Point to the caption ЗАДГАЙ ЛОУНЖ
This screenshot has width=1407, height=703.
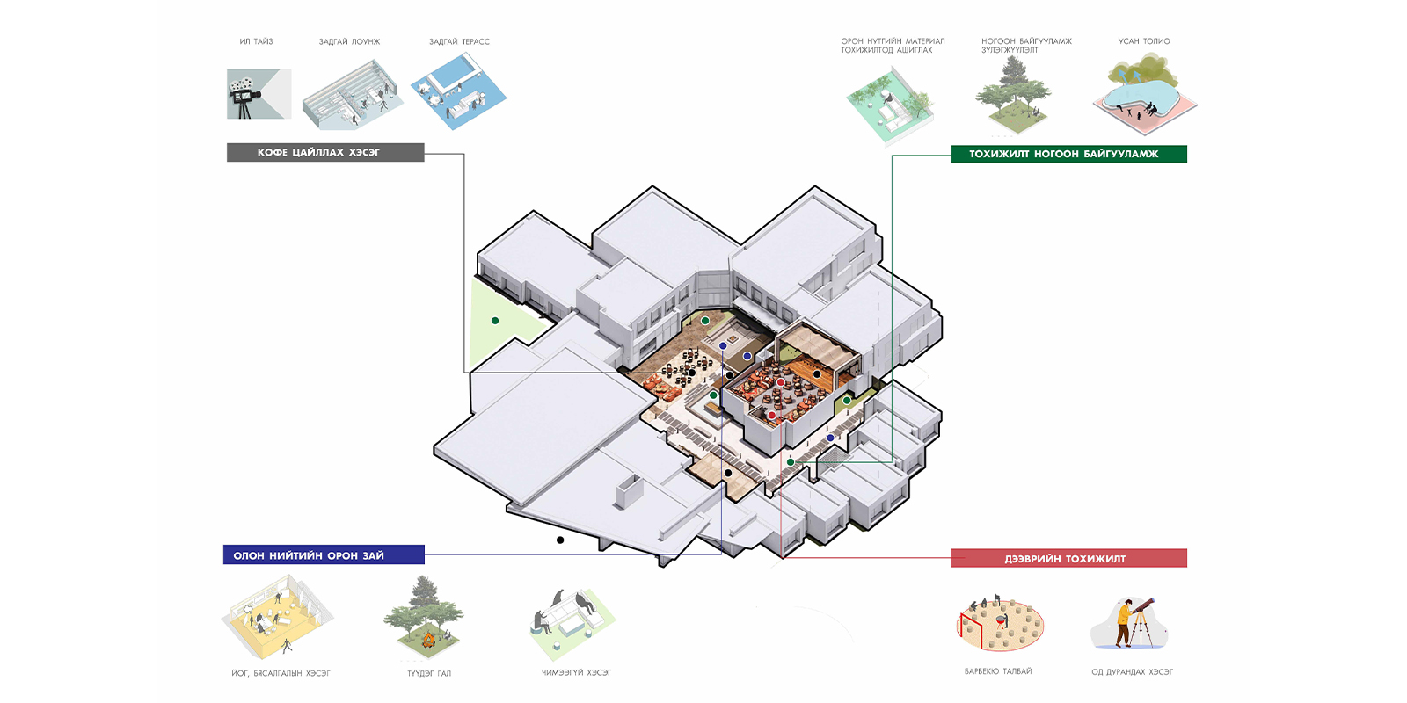(x=349, y=41)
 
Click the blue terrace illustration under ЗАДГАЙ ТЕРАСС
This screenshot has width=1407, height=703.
(x=458, y=91)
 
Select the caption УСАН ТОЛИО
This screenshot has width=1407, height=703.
(x=1143, y=41)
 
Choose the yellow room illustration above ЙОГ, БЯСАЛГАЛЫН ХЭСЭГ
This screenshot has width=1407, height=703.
(x=274, y=617)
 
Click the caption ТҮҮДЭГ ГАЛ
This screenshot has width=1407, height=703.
(x=429, y=673)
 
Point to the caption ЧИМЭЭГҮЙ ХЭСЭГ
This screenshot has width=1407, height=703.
(x=576, y=672)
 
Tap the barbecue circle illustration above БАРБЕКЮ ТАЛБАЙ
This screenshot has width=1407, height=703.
(x=1000, y=623)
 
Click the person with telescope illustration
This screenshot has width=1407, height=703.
(x=1130, y=623)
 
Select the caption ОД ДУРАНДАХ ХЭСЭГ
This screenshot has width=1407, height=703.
(x=1132, y=671)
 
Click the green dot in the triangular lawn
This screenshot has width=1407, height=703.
(x=495, y=321)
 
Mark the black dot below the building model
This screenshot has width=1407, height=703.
(x=560, y=540)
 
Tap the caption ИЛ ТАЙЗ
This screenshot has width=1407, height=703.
(x=256, y=41)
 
